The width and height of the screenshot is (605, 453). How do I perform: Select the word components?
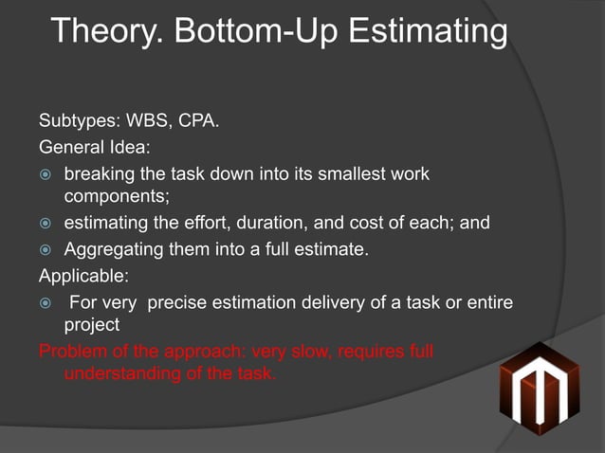coord(117,198)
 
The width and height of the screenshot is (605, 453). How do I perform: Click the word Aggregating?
coord(111,250)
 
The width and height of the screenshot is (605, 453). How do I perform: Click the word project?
coord(91,325)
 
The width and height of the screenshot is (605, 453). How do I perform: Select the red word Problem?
coord(73,352)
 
